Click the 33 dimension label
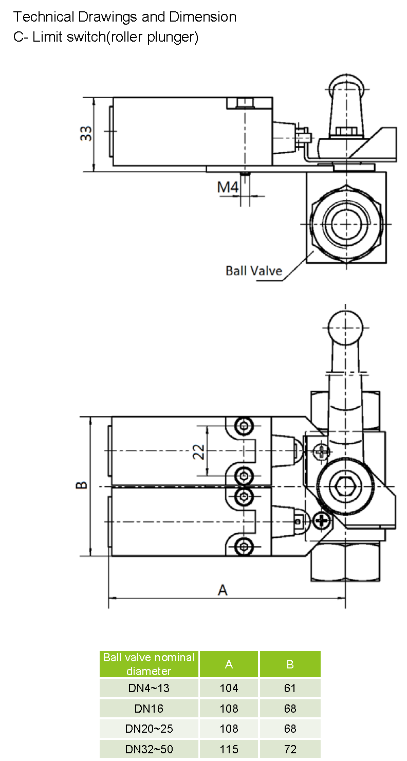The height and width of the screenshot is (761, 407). tap(88, 133)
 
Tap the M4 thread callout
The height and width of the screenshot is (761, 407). tap(228, 188)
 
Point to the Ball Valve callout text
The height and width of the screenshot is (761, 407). tap(254, 270)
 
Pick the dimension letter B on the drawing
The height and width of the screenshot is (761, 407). tap(81, 485)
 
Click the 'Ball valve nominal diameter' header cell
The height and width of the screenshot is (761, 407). tap(149, 664)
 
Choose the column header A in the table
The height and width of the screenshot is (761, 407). tap(229, 664)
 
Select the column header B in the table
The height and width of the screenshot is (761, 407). tap(290, 664)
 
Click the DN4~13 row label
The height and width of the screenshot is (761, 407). tap(149, 688)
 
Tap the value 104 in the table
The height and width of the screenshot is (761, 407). tap(229, 688)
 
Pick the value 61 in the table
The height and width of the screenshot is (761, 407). tap(290, 688)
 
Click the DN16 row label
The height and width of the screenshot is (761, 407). tap(149, 709)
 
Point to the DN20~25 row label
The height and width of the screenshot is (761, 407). tap(149, 729)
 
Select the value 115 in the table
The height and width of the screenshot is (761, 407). tap(229, 749)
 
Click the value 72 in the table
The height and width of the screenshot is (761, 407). tap(290, 749)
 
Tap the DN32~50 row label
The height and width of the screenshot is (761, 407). tap(149, 749)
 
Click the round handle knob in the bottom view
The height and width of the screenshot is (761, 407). tap(345, 329)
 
